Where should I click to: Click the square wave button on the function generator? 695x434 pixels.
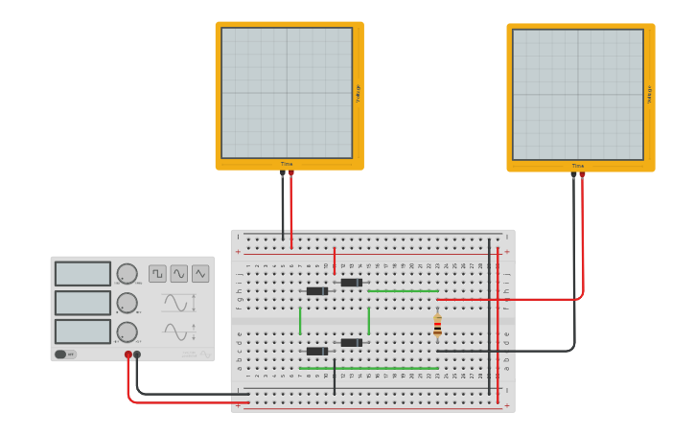coord(157,273)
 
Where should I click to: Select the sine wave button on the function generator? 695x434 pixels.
coord(179,273)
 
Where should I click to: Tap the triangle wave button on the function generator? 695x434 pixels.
coord(200,273)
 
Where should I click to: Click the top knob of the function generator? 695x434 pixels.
coord(127,274)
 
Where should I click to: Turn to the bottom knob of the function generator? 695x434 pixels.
coord(127,332)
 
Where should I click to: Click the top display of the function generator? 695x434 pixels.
coord(82,274)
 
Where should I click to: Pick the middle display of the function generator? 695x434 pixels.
coord(82,303)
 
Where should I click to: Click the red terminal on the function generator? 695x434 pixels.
coord(127,354)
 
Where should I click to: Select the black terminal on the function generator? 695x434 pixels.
coord(137,354)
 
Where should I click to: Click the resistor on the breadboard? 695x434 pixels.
coord(437,326)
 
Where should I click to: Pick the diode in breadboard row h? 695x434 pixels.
coord(316,291)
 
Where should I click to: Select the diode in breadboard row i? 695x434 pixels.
coord(351,283)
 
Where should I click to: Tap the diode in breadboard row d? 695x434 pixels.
coord(351,342)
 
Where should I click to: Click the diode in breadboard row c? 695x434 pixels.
coord(316,351)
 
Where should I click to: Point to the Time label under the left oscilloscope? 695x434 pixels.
coord(287,164)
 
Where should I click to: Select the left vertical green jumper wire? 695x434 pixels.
coord(300,320)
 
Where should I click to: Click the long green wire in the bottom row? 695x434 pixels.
coord(369,368)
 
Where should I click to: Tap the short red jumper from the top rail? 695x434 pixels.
coord(335,261)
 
